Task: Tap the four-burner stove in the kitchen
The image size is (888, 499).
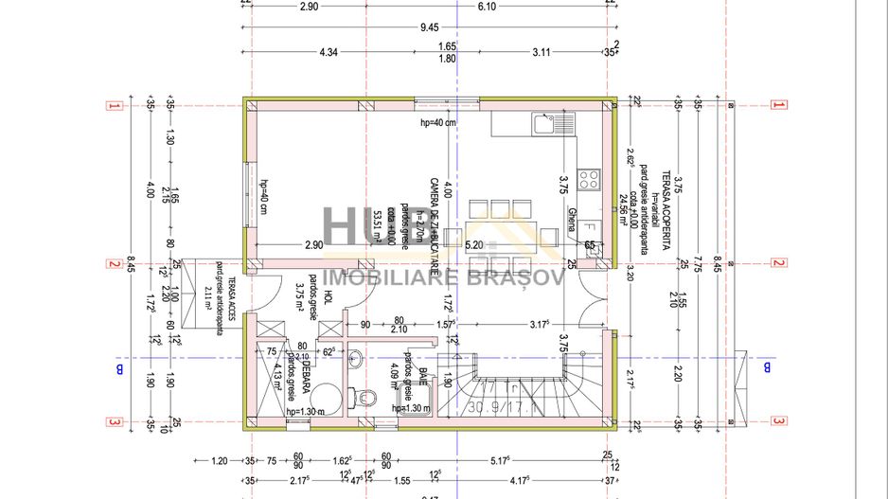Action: (588, 177)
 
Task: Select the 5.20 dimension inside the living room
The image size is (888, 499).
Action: (474, 244)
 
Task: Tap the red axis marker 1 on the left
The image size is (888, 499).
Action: (113, 106)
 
